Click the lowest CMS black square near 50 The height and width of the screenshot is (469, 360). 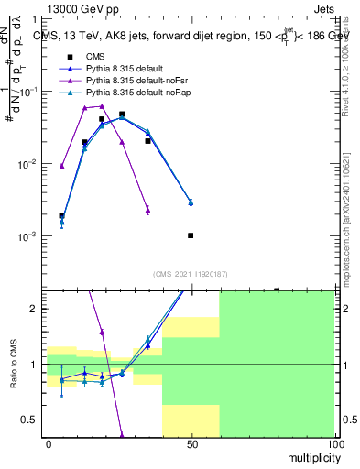[191, 235]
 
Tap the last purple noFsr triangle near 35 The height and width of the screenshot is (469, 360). [147, 209]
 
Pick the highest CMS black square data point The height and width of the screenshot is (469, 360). [122, 115]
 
